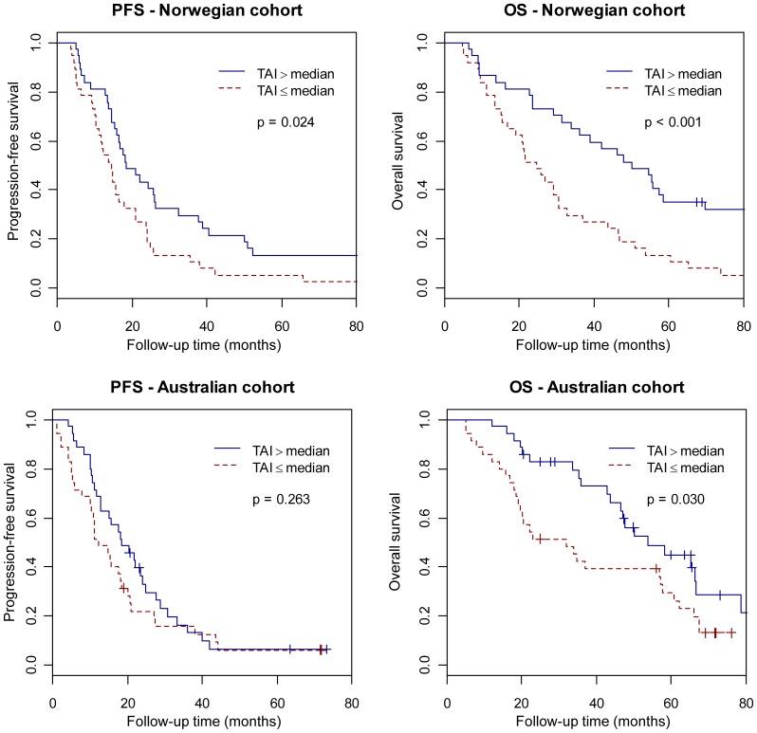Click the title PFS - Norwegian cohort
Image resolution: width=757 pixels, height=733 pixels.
point(207,10)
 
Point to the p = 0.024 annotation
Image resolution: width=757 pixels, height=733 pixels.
point(286,122)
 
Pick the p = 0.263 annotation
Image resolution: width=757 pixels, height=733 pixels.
point(284,500)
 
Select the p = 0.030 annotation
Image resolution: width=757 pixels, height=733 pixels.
point(677,499)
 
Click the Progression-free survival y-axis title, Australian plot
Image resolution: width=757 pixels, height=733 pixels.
point(10,541)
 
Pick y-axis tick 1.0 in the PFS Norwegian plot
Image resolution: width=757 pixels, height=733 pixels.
point(36,43)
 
